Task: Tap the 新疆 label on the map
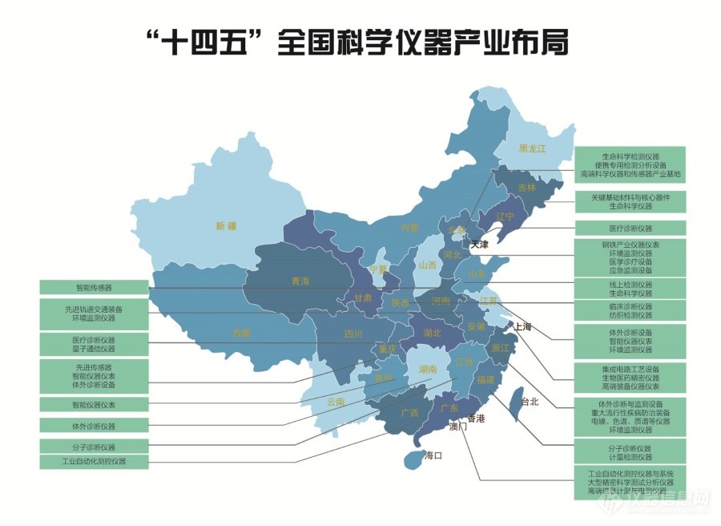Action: click(x=226, y=226)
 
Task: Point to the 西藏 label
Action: click(x=241, y=332)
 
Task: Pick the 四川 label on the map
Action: click(x=353, y=334)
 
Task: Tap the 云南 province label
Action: click(x=335, y=401)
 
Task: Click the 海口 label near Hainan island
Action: click(x=433, y=455)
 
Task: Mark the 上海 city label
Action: click(x=522, y=326)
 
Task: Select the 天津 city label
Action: click(x=479, y=245)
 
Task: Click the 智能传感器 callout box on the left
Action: click(x=94, y=286)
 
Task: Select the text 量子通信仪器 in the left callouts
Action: click(x=94, y=349)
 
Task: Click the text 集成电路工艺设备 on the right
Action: click(x=630, y=369)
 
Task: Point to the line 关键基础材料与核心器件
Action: click(x=630, y=197)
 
